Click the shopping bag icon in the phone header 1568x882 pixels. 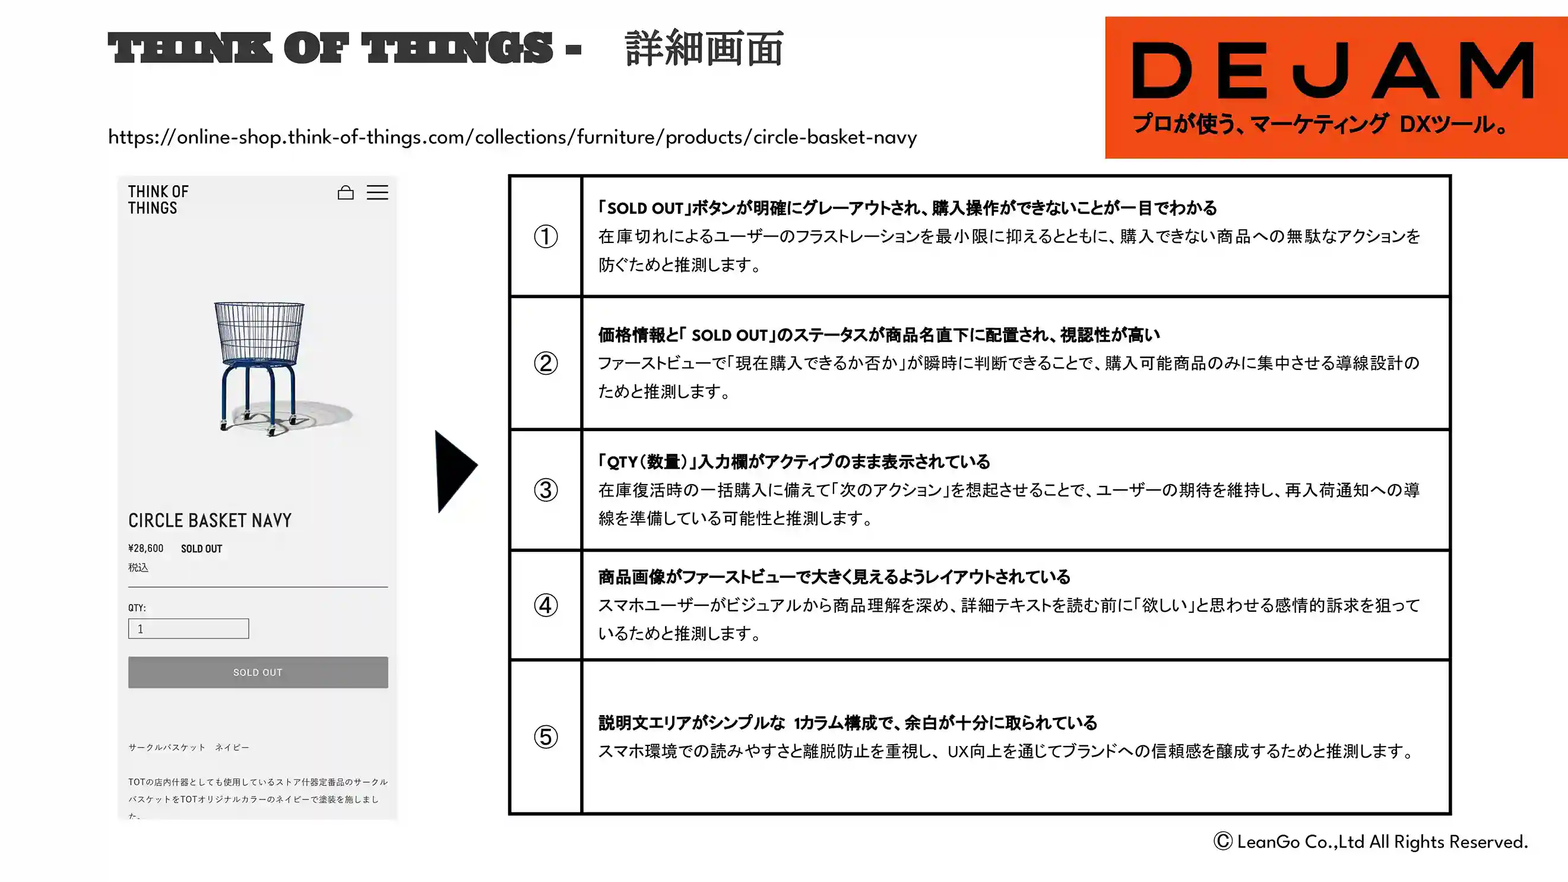click(346, 192)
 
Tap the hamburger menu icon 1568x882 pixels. click(378, 192)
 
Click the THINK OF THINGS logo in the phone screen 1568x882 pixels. click(159, 200)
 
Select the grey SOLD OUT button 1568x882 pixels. click(258, 672)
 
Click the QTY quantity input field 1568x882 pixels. click(189, 628)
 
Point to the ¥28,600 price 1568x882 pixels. click(146, 548)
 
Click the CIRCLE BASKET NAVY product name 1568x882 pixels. click(210, 520)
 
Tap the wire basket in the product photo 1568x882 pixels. click(259, 332)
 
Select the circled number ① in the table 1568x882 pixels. click(546, 236)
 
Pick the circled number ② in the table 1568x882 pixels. click(546, 363)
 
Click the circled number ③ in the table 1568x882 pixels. click(546, 490)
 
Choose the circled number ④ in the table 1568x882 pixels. click(546, 605)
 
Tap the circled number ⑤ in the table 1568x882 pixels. click(546, 736)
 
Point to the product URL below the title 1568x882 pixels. click(512, 137)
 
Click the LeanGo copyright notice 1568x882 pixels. click(1371, 842)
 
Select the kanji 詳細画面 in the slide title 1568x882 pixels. click(704, 48)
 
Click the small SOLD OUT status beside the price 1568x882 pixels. click(201, 549)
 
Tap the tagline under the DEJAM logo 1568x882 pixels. click(1321, 124)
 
